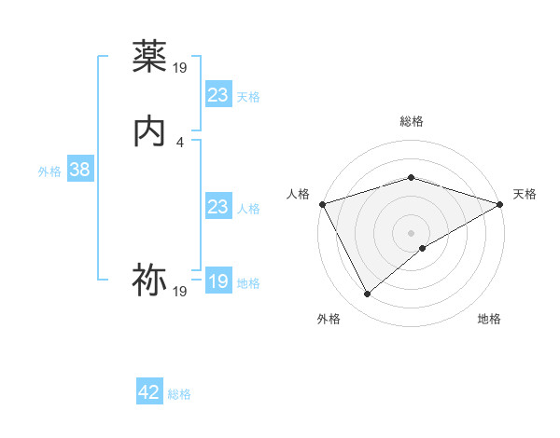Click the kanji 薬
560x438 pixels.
pyautogui.click(x=149, y=58)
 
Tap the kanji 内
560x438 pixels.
pyautogui.click(x=149, y=132)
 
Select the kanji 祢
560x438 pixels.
pyautogui.click(x=149, y=280)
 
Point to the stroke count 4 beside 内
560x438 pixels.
pyautogui.click(x=180, y=143)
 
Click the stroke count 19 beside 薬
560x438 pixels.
pyautogui.click(x=180, y=67)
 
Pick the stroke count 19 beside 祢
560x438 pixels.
pyautogui.click(x=180, y=292)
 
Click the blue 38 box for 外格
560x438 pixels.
pyautogui.click(x=79, y=171)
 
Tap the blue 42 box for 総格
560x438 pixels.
pyautogui.click(x=149, y=392)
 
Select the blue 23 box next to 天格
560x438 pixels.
pyautogui.click(x=217, y=95)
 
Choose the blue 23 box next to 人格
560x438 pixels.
pyautogui.click(x=217, y=207)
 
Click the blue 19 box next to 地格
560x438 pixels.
pyautogui.click(x=217, y=281)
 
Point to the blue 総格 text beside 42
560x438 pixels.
pyautogui.click(x=179, y=394)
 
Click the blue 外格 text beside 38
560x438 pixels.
pyautogui.click(x=49, y=171)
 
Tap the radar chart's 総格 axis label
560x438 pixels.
pyautogui.click(x=411, y=121)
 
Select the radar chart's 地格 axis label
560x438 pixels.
pyautogui.click(x=489, y=319)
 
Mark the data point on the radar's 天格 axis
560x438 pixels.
pyautogui.click(x=499, y=203)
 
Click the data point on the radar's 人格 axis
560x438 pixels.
pyautogui.click(x=322, y=203)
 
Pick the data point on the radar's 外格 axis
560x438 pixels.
pyautogui.click(x=367, y=294)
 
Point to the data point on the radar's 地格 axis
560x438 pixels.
pyautogui.click(x=423, y=248)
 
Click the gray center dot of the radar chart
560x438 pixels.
pyautogui.click(x=411, y=232)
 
